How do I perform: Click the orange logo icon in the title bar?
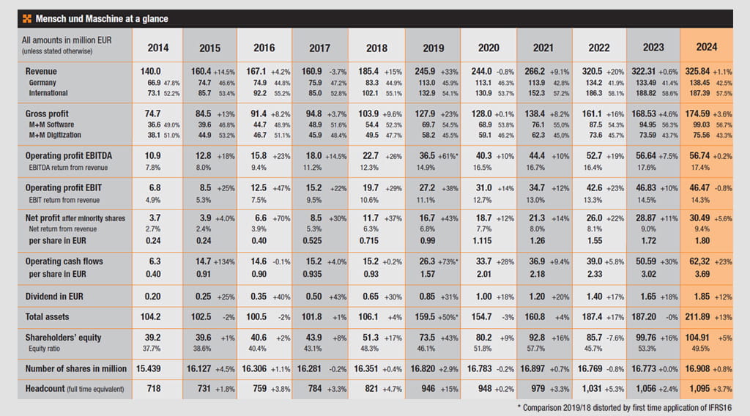tap(27, 19)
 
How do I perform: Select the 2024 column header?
tap(707, 47)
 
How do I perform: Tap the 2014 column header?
tap(158, 47)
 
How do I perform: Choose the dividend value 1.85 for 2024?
tap(702, 296)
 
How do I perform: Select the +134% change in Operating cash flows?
tap(226, 261)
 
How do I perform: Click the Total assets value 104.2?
tap(149, 316)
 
